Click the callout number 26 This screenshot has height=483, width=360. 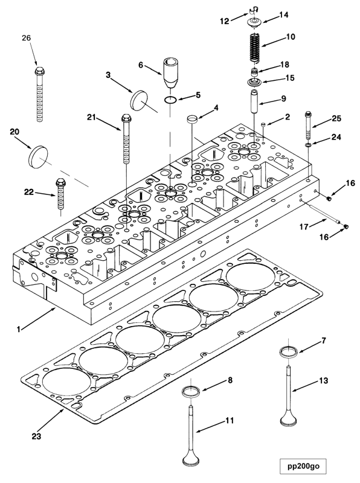26,37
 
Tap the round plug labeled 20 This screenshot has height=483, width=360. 37,155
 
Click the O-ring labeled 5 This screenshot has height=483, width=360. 171,98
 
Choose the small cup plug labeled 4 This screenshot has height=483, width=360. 192,118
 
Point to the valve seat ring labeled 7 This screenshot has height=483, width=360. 288,351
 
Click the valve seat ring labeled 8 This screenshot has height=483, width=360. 191,392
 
